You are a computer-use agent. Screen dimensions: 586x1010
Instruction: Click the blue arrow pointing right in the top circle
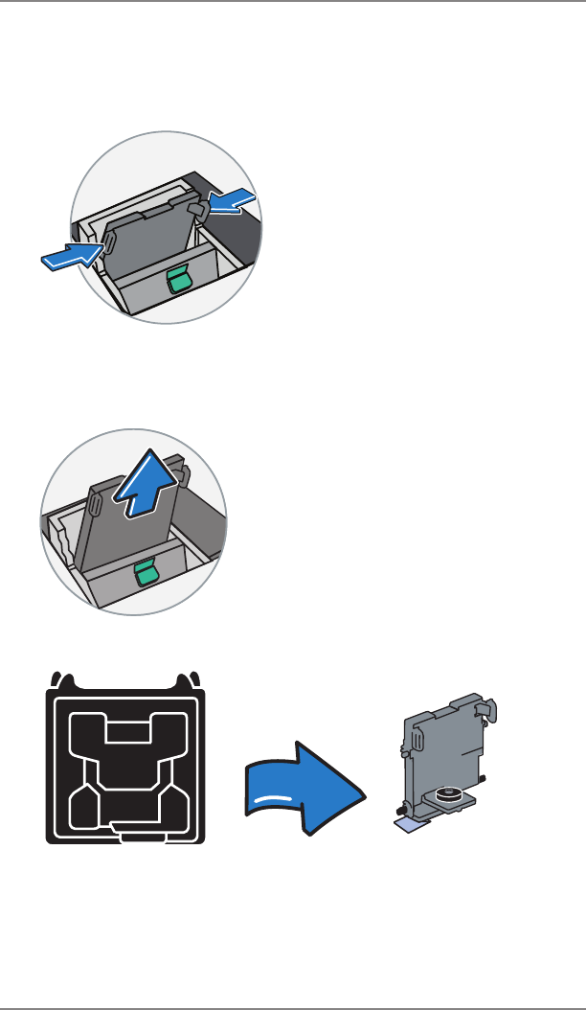tap(69, 256)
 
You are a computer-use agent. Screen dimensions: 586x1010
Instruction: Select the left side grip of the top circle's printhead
tap(108, 243)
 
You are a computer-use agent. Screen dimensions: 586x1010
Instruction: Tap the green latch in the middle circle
tap(147, 573)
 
